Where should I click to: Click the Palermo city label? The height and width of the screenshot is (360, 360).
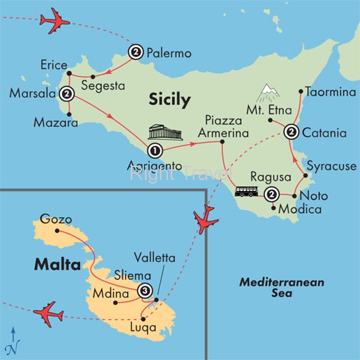pos(169,52)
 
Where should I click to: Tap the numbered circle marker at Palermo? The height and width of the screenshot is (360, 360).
pos(136,51)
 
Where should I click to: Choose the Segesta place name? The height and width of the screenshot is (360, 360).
pos(104,87)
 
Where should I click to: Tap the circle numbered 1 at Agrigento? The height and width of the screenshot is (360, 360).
pos(155,151)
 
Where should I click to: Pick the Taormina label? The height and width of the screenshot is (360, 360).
pos(329,92)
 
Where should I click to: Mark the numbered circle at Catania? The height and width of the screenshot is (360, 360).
pos(291,132)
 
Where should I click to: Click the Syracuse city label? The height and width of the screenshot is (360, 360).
pos(331,166)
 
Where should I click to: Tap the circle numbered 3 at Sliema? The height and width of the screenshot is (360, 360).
pos(146,291)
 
